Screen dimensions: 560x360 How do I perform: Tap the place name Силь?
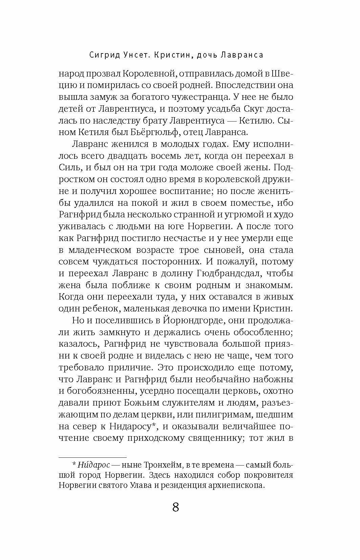[x=69, y=168]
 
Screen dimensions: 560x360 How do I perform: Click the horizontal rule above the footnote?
[x=92, y=457]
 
